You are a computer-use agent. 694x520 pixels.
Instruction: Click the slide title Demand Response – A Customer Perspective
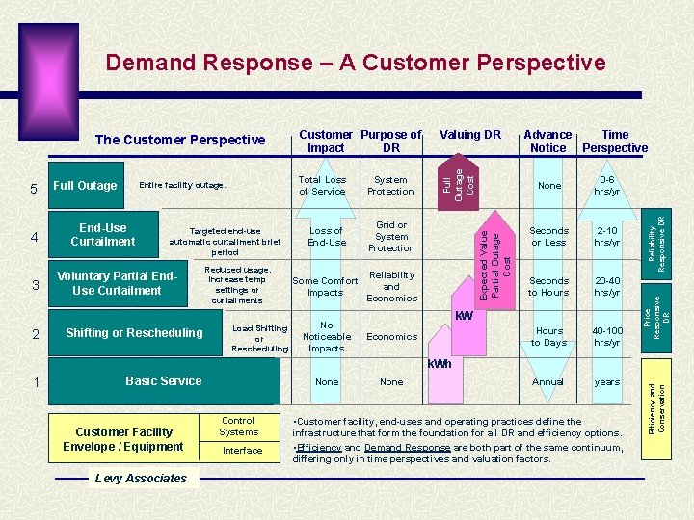tap(356, 64)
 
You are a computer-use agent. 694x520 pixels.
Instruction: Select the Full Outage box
tap(85, 186)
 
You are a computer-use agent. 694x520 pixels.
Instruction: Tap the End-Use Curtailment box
tap(103, 235)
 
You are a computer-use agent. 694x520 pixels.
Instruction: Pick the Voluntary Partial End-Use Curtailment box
tap(117, 284)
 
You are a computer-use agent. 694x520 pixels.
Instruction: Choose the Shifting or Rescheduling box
tap(134, 333)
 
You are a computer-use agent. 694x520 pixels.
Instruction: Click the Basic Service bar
tap(163, 381)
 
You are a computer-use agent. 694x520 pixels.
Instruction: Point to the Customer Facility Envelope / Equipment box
tap(122, 439)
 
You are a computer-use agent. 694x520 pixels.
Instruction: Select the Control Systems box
tap(238, 427)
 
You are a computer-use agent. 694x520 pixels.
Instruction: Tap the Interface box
tap(242, 450)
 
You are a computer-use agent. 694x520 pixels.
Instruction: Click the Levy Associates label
tap(141, 479)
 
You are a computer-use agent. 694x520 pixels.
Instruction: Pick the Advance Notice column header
tap(548, 141)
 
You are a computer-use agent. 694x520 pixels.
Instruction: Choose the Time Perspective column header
tap(615, 141)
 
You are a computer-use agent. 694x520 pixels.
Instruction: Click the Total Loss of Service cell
tap(322, 185)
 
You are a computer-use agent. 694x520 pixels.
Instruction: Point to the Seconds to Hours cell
tap(548, 286)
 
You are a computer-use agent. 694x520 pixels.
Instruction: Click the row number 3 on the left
tap(35, 286)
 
